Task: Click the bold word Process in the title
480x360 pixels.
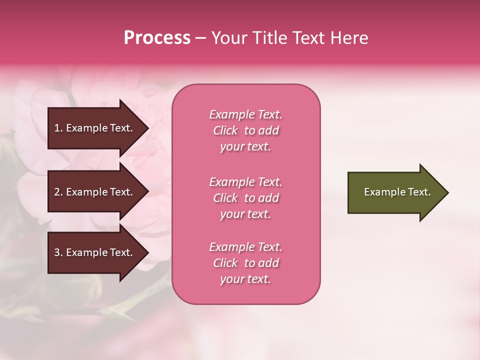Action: (x=157, y=38)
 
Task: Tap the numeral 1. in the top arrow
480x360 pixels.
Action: (x=58, y=128)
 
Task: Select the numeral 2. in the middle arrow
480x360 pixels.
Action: (x=58, y=192)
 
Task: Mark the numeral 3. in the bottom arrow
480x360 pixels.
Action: (x=58, y=252)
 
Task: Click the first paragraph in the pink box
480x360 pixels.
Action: (x=246, y=130)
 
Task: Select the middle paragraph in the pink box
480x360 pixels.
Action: (x=246, y=198)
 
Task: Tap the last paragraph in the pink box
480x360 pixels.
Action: (x=246, y=263)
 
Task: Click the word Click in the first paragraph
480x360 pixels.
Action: (x=225, y=130)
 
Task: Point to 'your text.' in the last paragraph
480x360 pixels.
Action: (x=245, y=279)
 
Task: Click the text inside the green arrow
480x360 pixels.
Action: (x=397, y=192)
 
